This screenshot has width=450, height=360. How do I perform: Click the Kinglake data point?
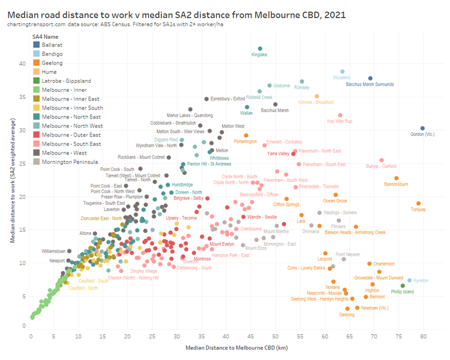coord(260,48)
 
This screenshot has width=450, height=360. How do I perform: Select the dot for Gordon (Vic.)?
coord(422,128)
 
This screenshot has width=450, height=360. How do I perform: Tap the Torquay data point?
coord(418,203)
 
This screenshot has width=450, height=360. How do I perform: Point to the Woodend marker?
coord(342,71)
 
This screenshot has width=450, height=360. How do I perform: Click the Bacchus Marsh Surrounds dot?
coord(370,78)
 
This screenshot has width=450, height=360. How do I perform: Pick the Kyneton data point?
coord(409,281)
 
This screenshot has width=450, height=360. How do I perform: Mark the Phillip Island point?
coord(403,286)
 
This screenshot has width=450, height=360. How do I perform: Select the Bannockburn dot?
coord(396,178)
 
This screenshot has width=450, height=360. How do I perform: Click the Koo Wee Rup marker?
coord(340,115)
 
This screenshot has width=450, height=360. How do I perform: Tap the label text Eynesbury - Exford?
coord(228,99)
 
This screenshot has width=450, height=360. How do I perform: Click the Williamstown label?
coord(53,251)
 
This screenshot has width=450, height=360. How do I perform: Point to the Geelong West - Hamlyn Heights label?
coord(320,299)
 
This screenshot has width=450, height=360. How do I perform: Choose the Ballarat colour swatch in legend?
coord(36,45)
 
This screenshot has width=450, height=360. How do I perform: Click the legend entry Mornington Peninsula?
coord(69,162)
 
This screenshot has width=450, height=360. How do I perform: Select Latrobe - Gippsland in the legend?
coord(66,81)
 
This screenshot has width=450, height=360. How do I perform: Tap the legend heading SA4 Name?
coord(45,36)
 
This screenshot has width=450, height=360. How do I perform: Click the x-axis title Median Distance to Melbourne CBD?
coord(226,348)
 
